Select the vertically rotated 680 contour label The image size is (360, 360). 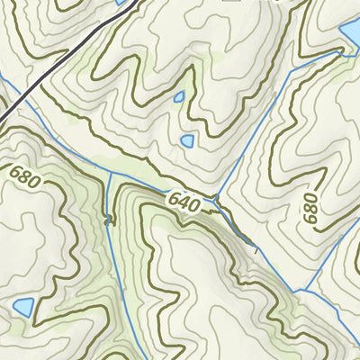(x=311, y=209)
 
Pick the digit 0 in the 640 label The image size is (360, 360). (x=195, y=205)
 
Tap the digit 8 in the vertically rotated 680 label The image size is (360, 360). (x=311, y=209)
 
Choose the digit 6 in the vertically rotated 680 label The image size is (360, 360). (x=311, y=219)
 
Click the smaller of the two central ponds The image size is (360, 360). (x=179, y=96)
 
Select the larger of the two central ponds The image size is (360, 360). (x=187, y=140)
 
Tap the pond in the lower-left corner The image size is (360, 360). (x=22, y=308)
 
